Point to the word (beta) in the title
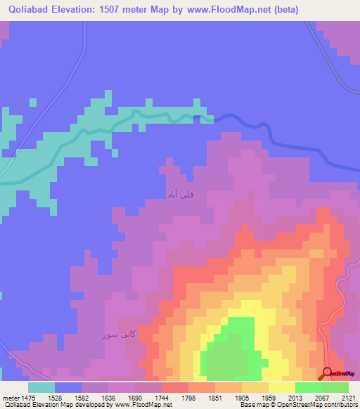287,10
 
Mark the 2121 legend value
347,397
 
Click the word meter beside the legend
11,397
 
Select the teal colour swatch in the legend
41,387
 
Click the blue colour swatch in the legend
68,387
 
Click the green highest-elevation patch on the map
226,351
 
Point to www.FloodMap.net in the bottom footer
143,405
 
